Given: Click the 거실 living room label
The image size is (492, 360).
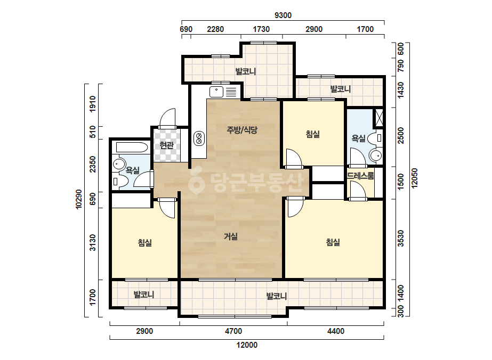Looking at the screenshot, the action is tap(231, 236).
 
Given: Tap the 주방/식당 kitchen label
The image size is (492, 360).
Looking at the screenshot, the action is tap(242, 129).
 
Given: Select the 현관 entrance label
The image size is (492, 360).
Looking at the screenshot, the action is tap(166, 145).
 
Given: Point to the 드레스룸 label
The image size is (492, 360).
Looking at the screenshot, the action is tap(360, 176).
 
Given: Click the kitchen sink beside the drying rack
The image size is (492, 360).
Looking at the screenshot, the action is tap(216, 92).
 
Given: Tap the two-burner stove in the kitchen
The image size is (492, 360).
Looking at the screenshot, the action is tap(199, 138).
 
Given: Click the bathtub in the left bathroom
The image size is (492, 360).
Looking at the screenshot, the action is tap(132, 148).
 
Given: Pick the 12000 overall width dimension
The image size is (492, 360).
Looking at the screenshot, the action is tap(247, 345).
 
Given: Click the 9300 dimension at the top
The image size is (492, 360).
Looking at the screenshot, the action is tap(283, 15).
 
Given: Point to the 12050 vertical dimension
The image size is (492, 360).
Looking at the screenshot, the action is tap(415, 178).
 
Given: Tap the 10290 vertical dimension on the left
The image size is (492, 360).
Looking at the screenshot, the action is tap(79, 199).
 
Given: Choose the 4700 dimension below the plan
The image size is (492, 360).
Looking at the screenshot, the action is tap(233, 331).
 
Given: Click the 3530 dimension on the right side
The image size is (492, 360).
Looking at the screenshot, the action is tap(401, 239).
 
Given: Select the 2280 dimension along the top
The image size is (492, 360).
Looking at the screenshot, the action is tap(215, 29).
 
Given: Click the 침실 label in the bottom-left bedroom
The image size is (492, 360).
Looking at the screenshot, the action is tap(144, 242).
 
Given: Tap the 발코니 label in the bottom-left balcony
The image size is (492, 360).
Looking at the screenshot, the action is tap(144, 294).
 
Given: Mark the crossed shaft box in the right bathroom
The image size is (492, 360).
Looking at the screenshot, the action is tap(379, 118).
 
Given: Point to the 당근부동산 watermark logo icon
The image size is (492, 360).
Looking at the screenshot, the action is tap(196, 182).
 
